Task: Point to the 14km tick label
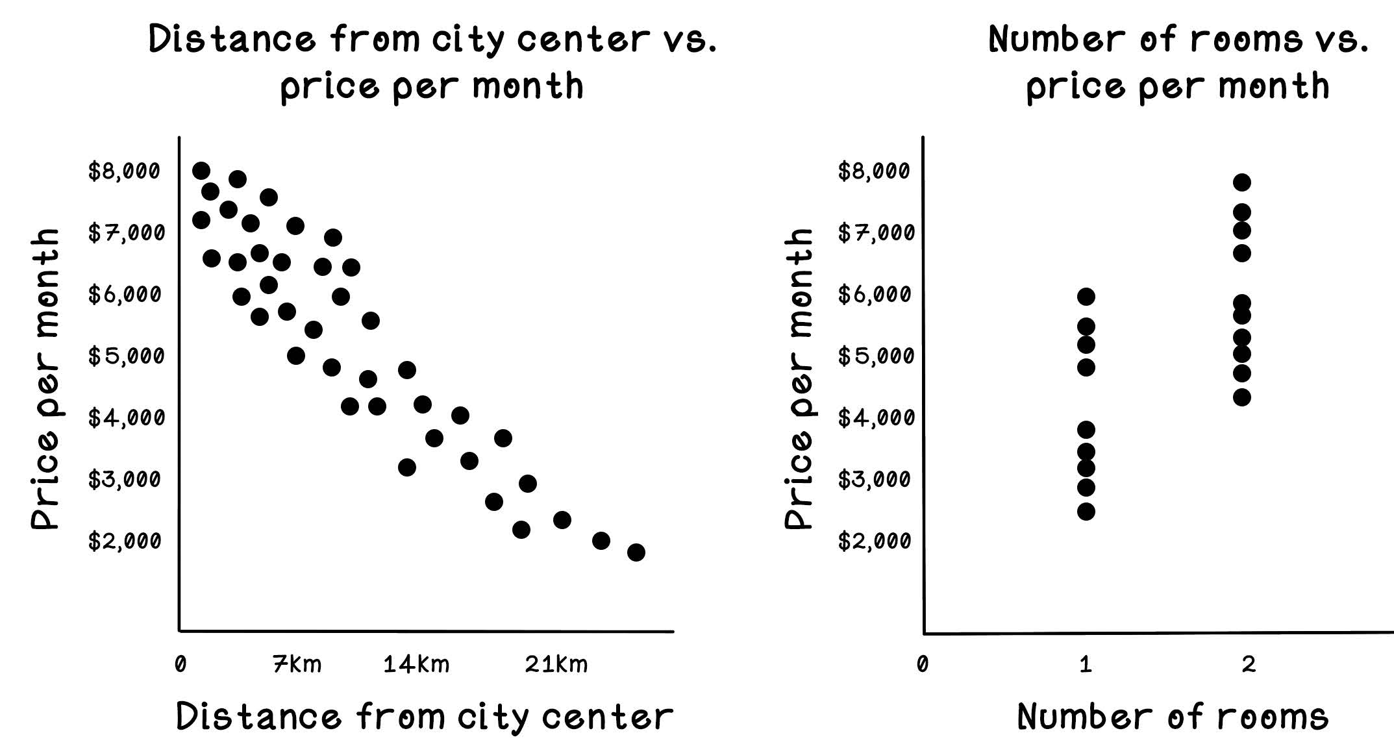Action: [416, 665]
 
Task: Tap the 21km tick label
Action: [556, 665]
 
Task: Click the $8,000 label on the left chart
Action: [124, 171]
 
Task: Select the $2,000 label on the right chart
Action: [875, 541]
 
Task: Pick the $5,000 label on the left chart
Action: [124, 356]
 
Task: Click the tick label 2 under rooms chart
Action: [1249, 665]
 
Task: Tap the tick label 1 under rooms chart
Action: [1086, 665]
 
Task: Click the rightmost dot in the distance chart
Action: [636, 552]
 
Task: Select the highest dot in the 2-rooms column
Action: [1242, 182]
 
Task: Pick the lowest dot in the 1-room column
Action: [1086, 512]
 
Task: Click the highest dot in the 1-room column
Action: [1086, 297]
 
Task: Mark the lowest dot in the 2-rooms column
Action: [1242, 397]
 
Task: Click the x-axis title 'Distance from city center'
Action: [425, 717]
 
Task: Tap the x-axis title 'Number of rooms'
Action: [1173, 717]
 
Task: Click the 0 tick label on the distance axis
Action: [180, 665]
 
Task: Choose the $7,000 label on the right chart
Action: [876, 232]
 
